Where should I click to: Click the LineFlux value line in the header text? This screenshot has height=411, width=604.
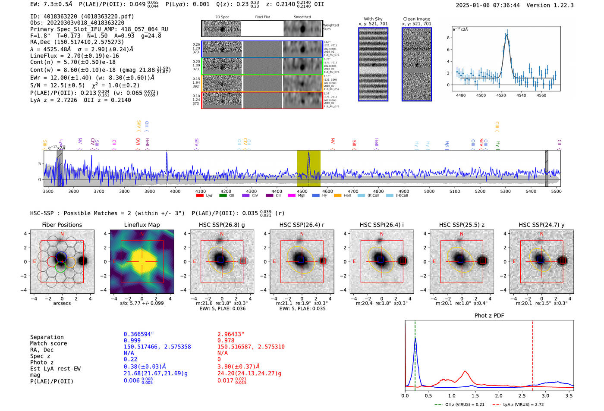tap(75, 56)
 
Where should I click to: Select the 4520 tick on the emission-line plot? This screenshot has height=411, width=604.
tap(501, 95)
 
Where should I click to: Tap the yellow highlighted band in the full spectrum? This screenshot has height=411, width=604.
tap(308, 168)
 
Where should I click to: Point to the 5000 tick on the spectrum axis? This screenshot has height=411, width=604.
tap(429, 191)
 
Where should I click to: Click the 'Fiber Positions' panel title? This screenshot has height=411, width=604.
tap(62, 225)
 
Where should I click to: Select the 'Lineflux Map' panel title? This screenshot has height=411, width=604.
tap(142, 225)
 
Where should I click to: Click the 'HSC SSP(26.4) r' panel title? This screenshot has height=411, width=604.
tap(302, 225)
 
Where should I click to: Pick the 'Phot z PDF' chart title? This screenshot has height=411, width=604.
tap(489, 316)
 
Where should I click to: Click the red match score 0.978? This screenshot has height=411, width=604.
tap(226, 341)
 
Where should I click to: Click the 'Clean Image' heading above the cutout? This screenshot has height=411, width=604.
tap(416, 19)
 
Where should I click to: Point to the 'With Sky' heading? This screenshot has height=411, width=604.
tap(373, 19)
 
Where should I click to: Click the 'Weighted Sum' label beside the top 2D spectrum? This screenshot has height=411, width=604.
tap(331, 27)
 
